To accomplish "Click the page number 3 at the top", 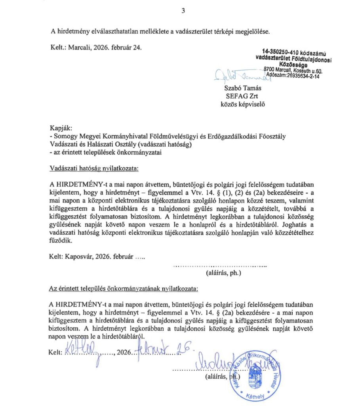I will tap(183, 11).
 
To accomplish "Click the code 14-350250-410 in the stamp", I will tap(280, 52).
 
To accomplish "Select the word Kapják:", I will tap(60, 128).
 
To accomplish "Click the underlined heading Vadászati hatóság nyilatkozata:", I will tap(94, 168).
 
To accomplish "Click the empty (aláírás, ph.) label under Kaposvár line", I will tap(223, 273).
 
